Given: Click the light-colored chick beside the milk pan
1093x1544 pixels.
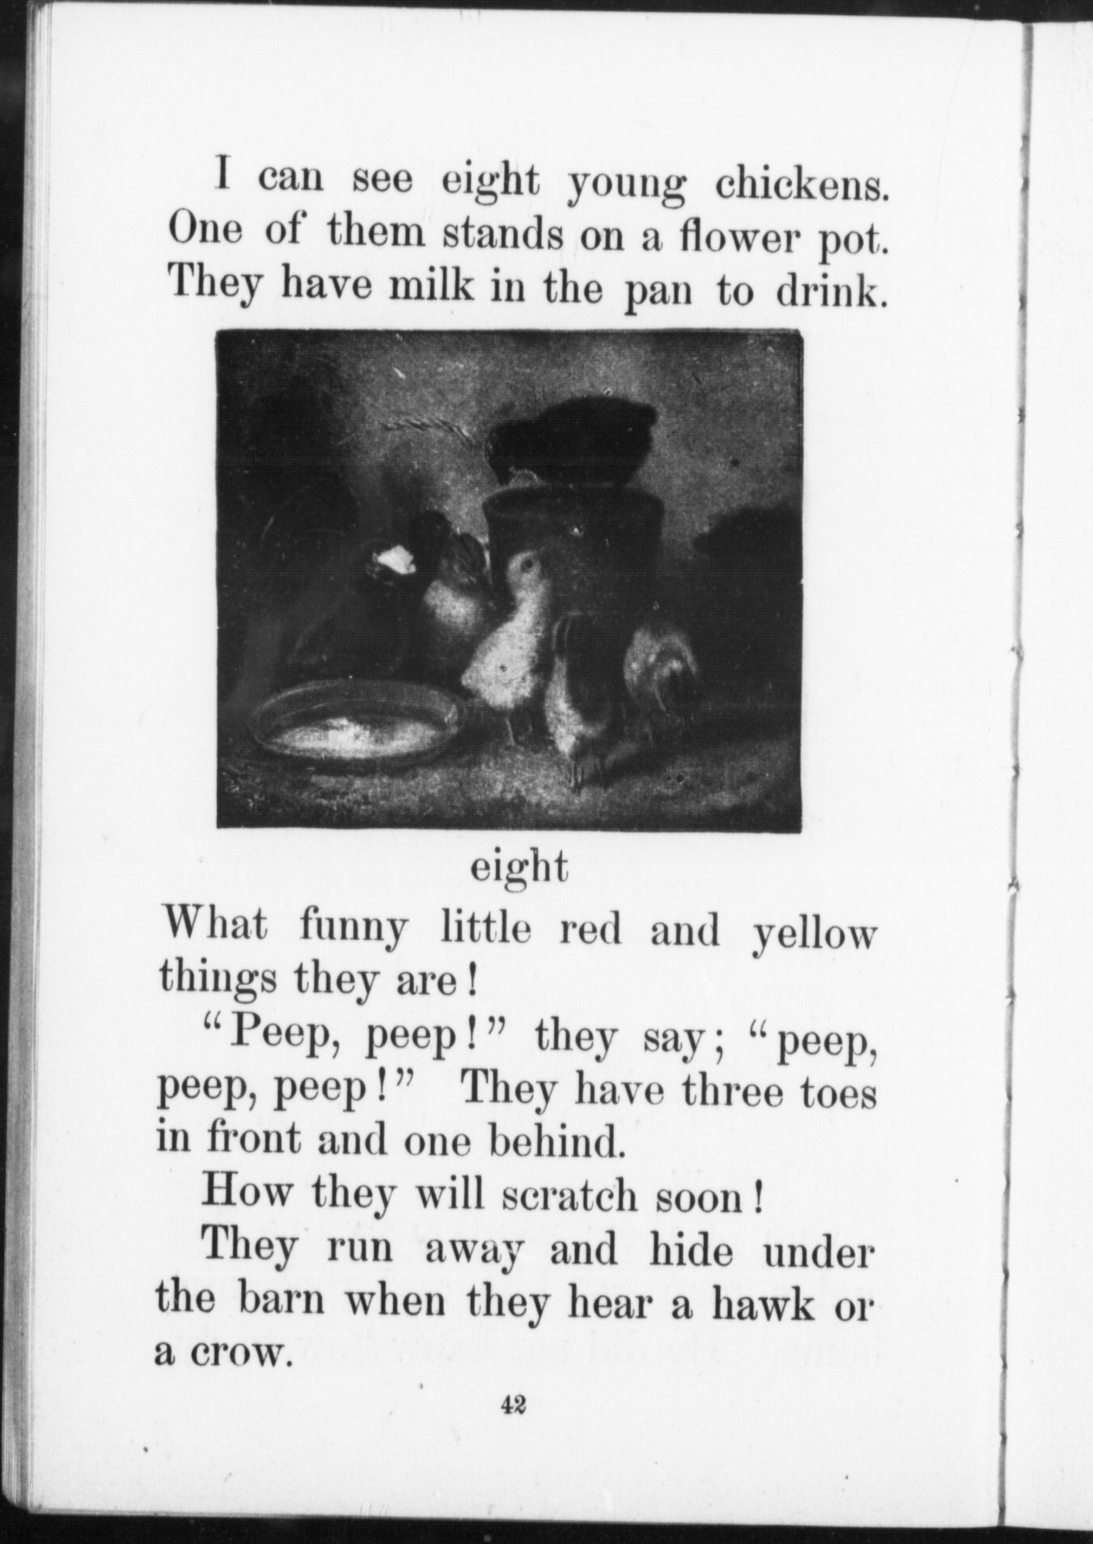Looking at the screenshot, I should tap(506, 633).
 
